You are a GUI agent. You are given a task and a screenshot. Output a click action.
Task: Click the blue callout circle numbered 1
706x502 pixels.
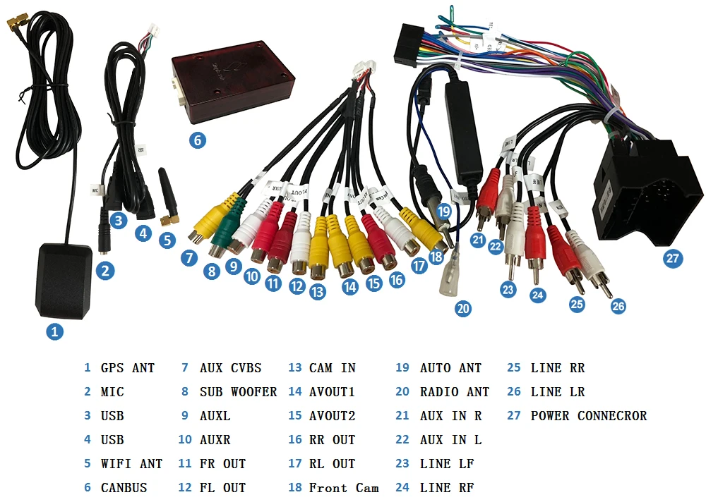pyautogui.click(x=54, y=331)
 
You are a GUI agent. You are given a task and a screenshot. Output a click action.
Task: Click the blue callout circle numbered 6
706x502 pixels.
pyautogui.click(x=197, y=140)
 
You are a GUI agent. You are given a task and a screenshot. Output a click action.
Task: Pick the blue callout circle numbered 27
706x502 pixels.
pyautogui.click(x=673, y=258)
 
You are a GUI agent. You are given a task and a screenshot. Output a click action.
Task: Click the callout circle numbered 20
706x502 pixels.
pyautogui.click(x=463, y=308)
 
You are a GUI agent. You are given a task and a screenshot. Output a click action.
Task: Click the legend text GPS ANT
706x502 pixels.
pyautogui.click(x=127, y=368)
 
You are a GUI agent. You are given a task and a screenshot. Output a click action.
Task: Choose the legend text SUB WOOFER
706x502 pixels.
pyautogui.click(x=238, y=392)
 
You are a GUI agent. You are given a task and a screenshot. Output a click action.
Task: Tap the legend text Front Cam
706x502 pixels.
pyautogui.click(x=344, y=488)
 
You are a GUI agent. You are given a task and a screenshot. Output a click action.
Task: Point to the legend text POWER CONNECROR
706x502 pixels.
pyautogui.click(x=588, y=416)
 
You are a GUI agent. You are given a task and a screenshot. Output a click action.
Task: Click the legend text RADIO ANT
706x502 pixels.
pyautogui.click(x=454, y=392)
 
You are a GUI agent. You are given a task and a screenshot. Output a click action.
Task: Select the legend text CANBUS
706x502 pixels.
pyautogui.click(x=124, y=488)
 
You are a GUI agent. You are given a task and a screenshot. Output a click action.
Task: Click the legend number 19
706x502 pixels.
pyautogui.click(x=402, y=368)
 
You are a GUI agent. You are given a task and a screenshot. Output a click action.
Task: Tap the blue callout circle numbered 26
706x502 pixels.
pyautogui.click(x=618, y=306)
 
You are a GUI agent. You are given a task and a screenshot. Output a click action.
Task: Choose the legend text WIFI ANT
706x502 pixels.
pyautogui.click(x=131, y=464)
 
